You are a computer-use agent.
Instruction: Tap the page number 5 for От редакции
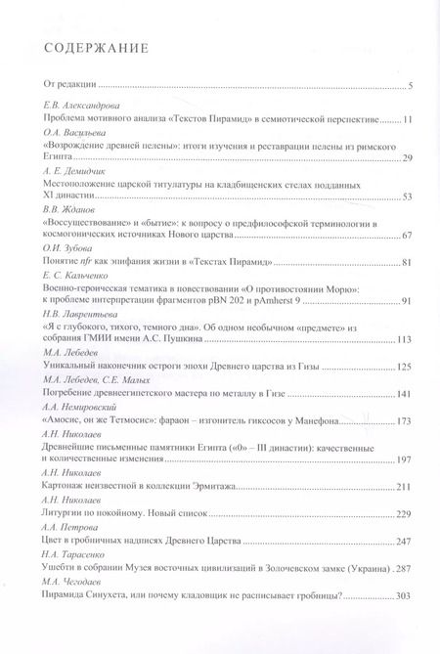pos(410,86)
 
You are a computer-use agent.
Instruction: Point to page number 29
pos(406,157)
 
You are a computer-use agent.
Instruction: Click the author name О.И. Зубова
pos(66,249)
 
